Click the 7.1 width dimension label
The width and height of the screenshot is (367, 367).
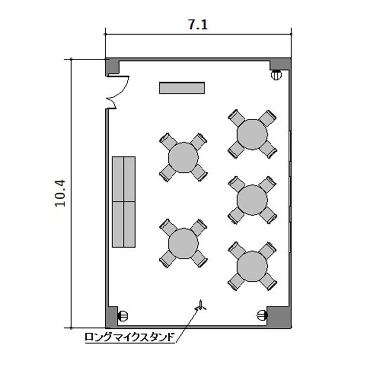tap(198, 24)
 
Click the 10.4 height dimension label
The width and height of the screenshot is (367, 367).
tap(60, 193)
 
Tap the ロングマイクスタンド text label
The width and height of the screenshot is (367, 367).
tap(130, 337)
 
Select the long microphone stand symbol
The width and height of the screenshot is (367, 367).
tap(201, 306)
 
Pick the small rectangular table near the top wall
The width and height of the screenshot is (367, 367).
tap(182, 88)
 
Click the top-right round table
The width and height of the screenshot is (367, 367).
tap(252, 135)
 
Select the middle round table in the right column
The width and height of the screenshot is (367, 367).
tap(252, 200)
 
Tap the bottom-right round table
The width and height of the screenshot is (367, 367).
tap(252, 266)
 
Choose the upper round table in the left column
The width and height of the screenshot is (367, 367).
tap(183, 157)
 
